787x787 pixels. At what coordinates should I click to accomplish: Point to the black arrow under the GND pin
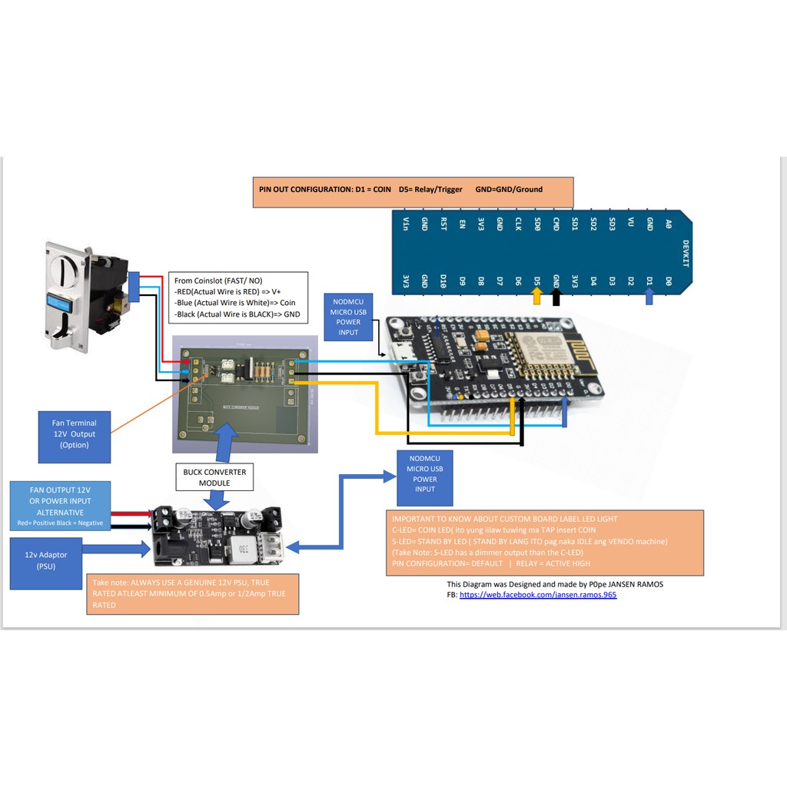(x=556, y=295)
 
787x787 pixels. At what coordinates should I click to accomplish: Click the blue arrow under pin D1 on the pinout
(x=649, y=295)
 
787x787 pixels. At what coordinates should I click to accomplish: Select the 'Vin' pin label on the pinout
(x=405, y=224)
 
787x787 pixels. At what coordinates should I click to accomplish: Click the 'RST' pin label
(x=443, y=224)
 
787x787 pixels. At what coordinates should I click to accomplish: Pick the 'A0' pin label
(x=668, y=224)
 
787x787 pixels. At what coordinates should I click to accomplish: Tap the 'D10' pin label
(x=443, y=281)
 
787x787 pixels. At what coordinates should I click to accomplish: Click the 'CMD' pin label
(x=556, y=224)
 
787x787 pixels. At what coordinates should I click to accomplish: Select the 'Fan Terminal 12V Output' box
(x=75, y=434)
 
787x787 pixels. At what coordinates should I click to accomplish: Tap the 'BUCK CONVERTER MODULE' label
(x=214, y=477)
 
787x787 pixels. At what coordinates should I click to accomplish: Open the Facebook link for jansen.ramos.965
(x=538, y=595)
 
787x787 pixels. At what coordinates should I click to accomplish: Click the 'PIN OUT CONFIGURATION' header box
(x=413, y=191)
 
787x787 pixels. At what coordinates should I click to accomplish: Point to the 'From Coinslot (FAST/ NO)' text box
(x=238, y=297)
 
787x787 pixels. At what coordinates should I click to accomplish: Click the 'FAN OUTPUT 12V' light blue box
(x=61, y=506)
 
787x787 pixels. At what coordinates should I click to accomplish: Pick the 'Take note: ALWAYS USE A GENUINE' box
(x=192, y=594)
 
